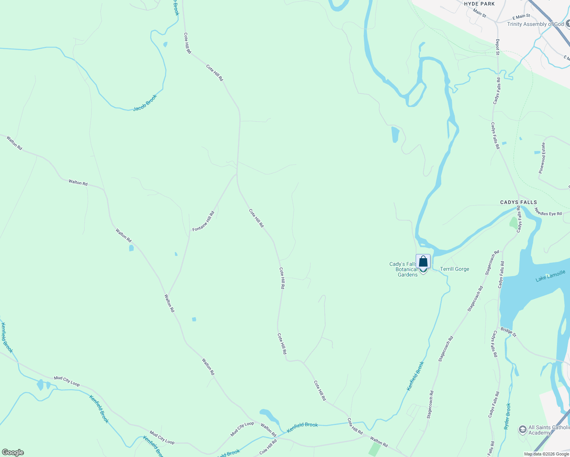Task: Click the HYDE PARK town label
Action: coord(479,4)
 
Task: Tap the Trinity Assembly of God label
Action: coord(535,24)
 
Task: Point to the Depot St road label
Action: coord(498,47)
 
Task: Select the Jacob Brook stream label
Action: coord(145,103)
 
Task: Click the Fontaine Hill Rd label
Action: coord(203,222)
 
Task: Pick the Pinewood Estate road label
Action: coord(542,158)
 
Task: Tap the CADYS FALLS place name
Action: coord(519,202)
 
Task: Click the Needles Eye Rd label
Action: coord(548,212)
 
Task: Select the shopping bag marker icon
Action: coord(423,262)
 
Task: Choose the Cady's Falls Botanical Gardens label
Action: coord(403,269)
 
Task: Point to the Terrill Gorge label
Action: coord(455,269)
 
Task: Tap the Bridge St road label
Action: coord(508,332)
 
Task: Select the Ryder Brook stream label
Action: coord(508,416)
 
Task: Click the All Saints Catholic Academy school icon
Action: coord(523,430)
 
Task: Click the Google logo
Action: coord(13,452)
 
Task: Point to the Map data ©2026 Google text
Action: coord(546,454)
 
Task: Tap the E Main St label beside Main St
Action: coord(521,17)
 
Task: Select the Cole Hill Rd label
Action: coord(268,447)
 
